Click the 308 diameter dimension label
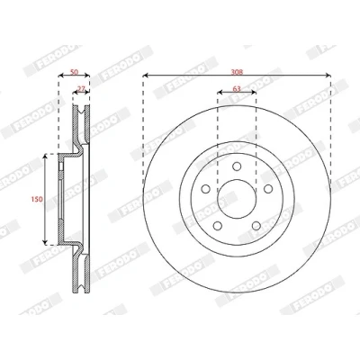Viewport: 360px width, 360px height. pyautogui.click(x=237, y=72)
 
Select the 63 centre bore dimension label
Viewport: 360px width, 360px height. pyautogui.click(x=237, y=89)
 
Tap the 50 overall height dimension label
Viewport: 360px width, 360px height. pyautogui.click(x=74, y=72)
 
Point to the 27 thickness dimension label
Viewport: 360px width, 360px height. pyautogui.click(x=81, y=89)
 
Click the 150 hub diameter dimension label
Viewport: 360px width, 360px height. pyautogui.click(x=37, y=199)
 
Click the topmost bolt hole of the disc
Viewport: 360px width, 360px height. pyautogui.click(x=237, y=166)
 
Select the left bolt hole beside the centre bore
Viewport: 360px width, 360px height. pyautogui.click(x=206, y=189)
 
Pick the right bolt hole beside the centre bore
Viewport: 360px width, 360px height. pyautogui.click(x=268, y=189)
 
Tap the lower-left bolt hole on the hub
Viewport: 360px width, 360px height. pyautogui.click(x=218, y=226)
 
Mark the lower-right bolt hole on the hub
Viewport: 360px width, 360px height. pyautogui.click(x=256, y=226)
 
